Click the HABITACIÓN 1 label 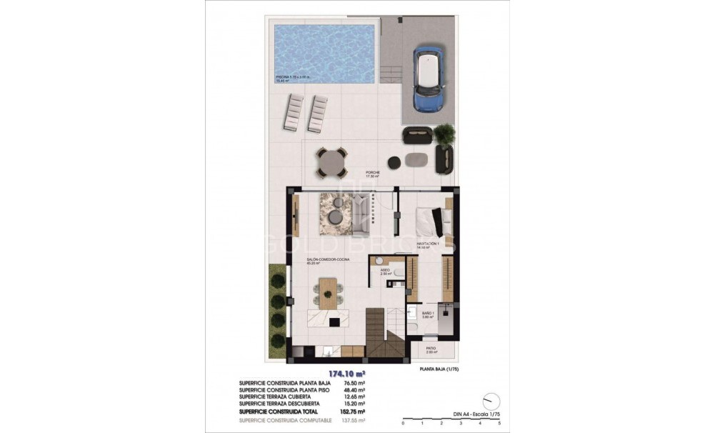point(427,244)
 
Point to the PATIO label point(431,349)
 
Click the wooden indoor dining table point(327,293)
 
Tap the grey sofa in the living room point(361,214)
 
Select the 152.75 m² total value point(351,412)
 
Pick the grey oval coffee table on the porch point(415,158)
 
